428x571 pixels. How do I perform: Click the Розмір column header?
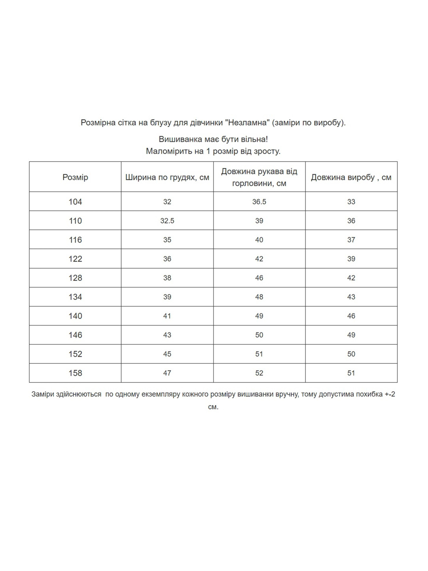tap(75, 177)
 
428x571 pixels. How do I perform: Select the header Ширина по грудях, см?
tap(167, 177)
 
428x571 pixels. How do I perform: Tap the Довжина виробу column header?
tap(351, 177)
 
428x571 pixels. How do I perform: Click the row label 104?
tap(75, 202)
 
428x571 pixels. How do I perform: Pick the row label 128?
tap(75, 278)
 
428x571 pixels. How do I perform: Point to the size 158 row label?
tap(75, 373)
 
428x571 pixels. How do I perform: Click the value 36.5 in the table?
tap(259, 202)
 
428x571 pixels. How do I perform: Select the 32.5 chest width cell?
tap(167, 221)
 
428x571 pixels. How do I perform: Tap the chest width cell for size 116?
tap(167, 240)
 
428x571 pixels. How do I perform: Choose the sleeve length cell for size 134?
tap(259, 297)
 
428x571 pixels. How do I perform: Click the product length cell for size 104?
tap(351, 202)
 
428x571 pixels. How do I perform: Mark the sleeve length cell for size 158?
tap(259, 373)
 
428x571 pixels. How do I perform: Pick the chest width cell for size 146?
tap(167, 335)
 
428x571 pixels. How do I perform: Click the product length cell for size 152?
tap(351, 354)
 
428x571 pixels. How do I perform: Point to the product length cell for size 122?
tap(351, 259)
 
